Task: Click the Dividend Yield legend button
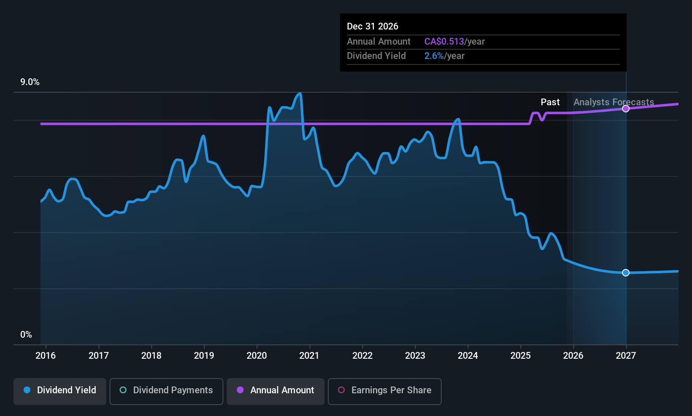click(60, 390)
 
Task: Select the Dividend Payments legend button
click(166, 390)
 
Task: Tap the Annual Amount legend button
click(276, 390)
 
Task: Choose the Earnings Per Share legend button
click(384, 390)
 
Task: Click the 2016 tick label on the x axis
click(46, 356)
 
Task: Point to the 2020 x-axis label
click(257, 356)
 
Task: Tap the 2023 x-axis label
click(415, 356)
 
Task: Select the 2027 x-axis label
click(626, 356)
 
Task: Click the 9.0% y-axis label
click(30, 82)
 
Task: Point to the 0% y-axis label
click(26, 335)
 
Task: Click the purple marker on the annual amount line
click(626, 109)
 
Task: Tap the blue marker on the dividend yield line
click(626, 273)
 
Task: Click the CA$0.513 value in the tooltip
click(444, 42)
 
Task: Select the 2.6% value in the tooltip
click(434, 56)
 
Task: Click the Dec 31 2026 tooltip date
click(373, 27)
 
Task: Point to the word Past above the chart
click(550, 102)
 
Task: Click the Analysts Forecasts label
click(614, 102)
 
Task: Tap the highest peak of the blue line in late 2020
click(300, 93)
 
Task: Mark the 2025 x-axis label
click(520, 356)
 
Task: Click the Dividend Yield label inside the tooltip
click(376, 56)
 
